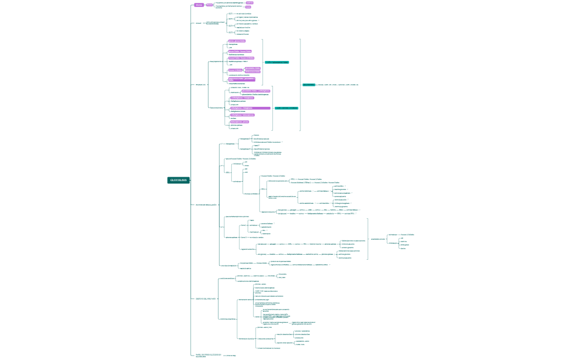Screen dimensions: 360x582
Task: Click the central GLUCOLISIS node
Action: [x=178, y=180]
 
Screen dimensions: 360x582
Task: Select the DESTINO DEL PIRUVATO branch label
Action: [x=205, y=299]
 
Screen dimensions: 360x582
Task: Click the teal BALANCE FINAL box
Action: [x=308, y=85]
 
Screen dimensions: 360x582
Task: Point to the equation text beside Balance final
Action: [x=338, y=85]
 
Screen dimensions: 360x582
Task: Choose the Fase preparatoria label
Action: [x=216, y=61]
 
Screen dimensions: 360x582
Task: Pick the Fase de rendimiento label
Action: [x=217, y=107]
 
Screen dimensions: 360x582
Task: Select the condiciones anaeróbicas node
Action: [x=228, y=319]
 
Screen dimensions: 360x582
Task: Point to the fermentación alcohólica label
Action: [x=246, y=338]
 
